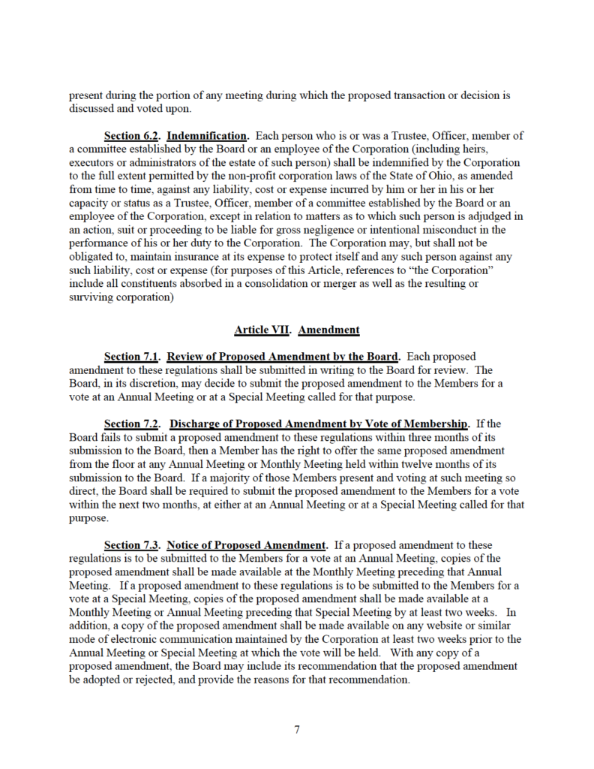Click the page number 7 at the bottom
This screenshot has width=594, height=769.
[297, 729]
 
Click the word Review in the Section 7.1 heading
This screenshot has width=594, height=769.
[186, 356]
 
